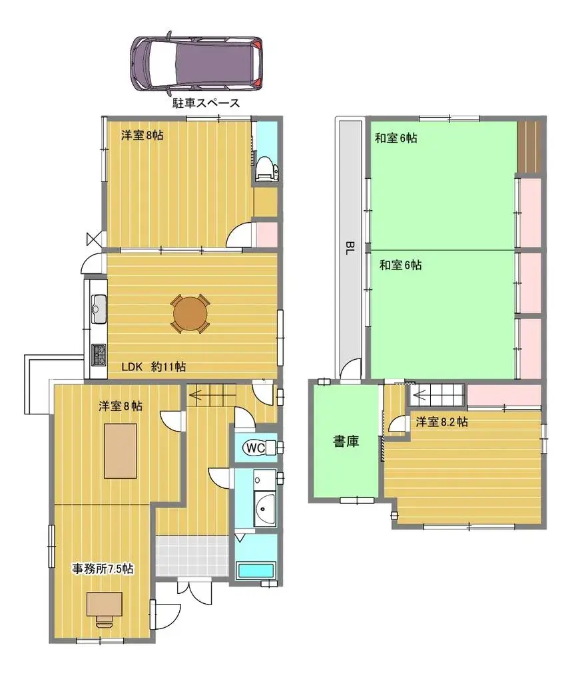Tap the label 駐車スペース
coord(201,103)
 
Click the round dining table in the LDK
coord(190,313)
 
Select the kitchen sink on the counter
coord(98,307)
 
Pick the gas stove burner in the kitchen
coord(99,354)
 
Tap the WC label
coord(255,448)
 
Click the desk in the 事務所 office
coord(104,604)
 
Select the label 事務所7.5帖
coord(103,569)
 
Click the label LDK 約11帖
coord(153,366)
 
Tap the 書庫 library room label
coord(346,440)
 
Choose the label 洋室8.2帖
coord(441,422)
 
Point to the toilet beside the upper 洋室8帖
coord(265,168)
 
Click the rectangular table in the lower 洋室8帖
coord(120,451)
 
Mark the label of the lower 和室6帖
coord(400,265)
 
